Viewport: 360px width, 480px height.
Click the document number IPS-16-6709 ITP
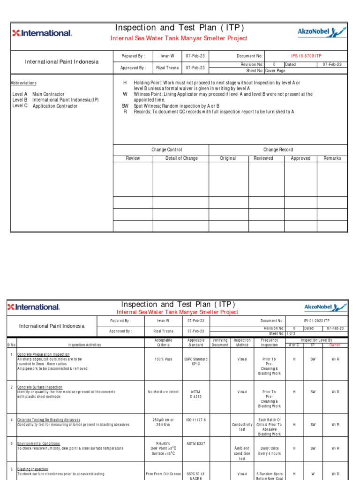pyautogui.click(x=306, y=56)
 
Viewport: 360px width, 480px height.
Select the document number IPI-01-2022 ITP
pyautogui.click(x=316, y=321)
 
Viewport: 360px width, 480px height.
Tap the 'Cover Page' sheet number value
pyautogui.click(x=275, y=71)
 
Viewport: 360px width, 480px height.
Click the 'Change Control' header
pyautogui.click(x=166, y=150)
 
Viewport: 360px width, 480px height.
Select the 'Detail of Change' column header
pyautogui.click(x=181, y=158)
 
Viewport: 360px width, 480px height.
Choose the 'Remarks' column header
pyautogui.click(x=332, y=158)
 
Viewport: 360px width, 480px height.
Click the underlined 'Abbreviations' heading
pyautogui.click(x=23, y=83)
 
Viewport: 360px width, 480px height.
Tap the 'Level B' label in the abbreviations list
pyautogui.click(x=20, y=100)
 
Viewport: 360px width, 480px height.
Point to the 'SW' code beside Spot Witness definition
pyautogui.click(x=125, y=106)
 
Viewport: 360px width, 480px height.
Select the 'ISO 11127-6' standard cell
pyautogui.click(x=195, y=420)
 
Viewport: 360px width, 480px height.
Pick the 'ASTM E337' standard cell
pyautogui.click(x=195, y=443)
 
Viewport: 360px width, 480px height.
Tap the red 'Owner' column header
pyautogui.click(x=335, y=345)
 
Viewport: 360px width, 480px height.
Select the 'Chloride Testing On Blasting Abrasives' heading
pyautogui.click(x=49, y=420)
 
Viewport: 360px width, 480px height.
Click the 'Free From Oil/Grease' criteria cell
pyautogui.click(x=163, y=474)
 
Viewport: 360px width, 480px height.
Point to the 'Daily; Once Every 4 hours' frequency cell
pyautogui.click(x=269, y=451)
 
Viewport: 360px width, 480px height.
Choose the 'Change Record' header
pyautogui.click(x=278, y=150)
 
